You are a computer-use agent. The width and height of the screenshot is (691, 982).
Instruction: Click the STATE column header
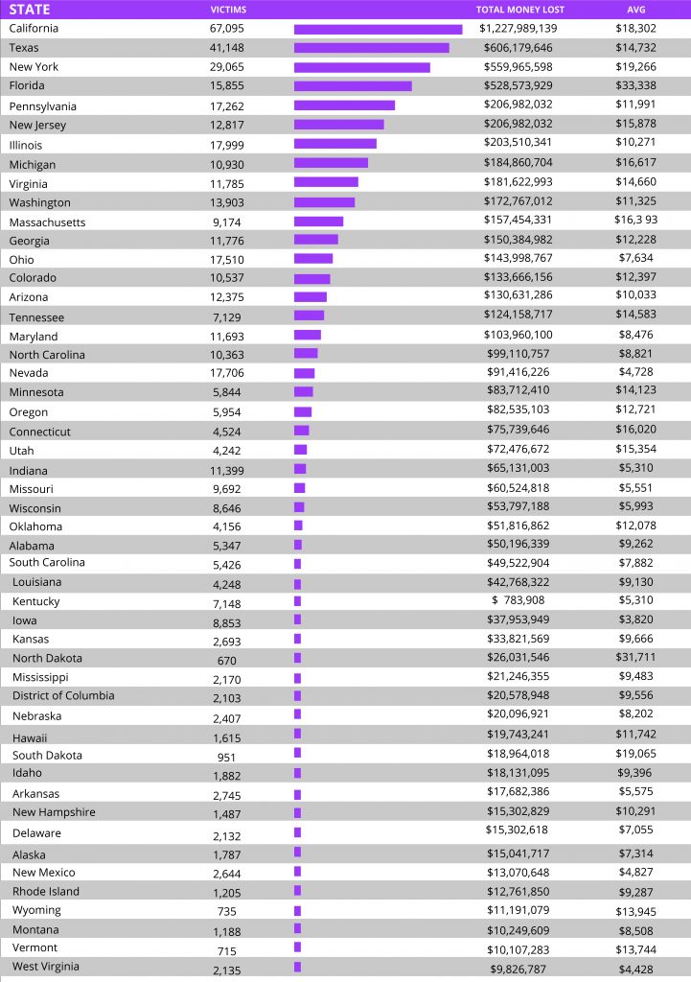30,10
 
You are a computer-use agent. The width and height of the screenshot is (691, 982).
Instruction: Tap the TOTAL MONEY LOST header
520,10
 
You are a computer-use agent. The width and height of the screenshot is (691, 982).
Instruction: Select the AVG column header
636,10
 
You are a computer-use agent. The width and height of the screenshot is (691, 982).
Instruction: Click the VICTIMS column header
228,10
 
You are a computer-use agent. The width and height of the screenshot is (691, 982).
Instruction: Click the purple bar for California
378,30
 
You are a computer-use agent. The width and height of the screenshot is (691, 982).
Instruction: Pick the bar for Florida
353,85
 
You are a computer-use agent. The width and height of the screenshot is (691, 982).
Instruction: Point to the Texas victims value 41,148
227,48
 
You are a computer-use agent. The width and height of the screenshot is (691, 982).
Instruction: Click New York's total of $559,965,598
518,66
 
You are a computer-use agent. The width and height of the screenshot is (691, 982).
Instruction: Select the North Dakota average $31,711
636,657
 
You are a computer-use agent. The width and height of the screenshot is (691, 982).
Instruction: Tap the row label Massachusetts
47,222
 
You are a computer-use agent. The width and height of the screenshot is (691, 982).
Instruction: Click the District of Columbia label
63,696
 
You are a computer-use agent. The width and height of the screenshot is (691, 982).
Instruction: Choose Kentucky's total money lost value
518,600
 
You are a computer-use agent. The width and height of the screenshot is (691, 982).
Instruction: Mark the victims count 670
226,661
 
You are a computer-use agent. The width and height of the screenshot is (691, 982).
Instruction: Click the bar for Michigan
331,163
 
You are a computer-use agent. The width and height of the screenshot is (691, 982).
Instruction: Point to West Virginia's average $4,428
636,969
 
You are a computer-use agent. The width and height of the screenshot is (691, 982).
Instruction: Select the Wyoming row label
37,910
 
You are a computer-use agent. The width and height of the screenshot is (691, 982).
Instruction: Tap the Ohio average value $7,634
636,257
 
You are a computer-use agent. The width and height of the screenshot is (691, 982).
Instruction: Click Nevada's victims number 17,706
227,373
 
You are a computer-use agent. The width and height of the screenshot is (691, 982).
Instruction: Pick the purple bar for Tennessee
310,316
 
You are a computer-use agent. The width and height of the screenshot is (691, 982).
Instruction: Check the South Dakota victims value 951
226,758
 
